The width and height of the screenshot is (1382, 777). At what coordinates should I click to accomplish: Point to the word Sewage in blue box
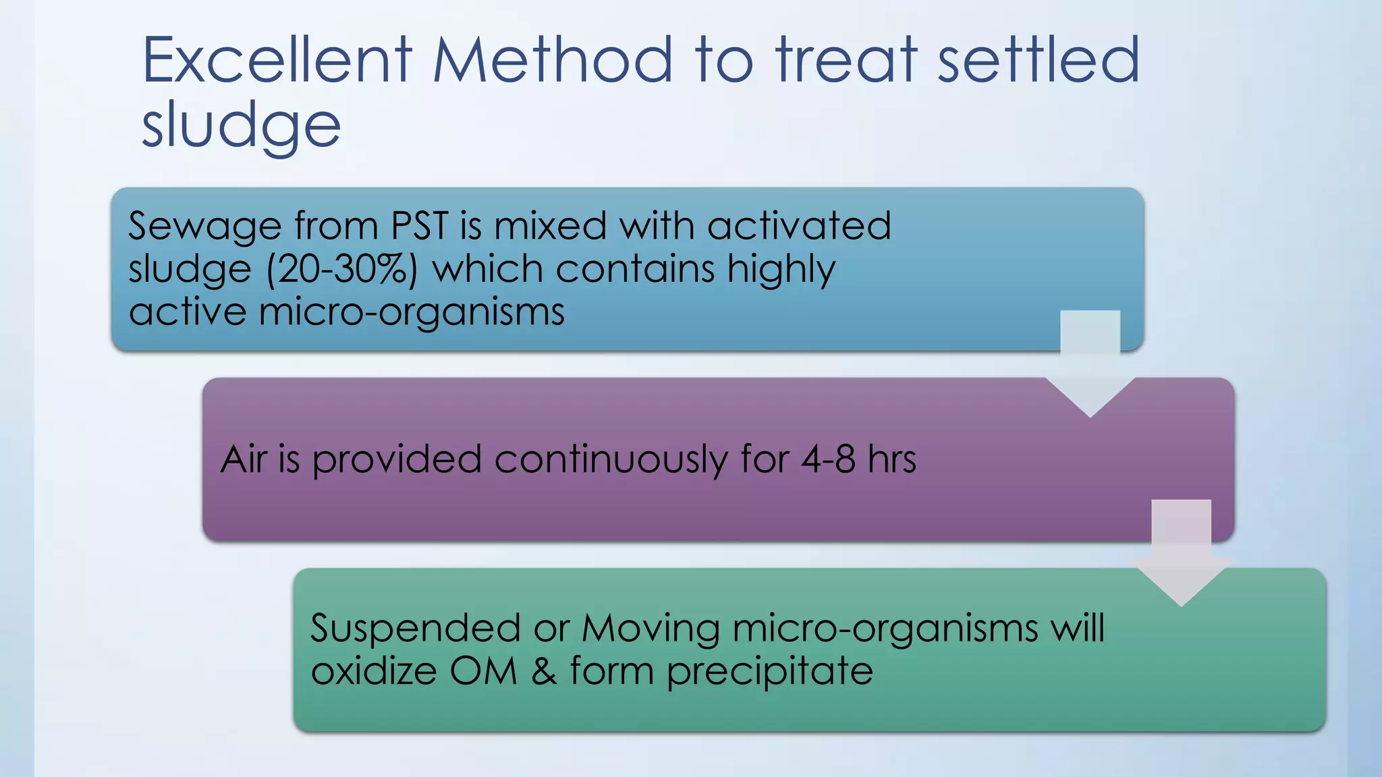204,227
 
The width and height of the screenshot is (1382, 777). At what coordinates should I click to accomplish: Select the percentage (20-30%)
342,270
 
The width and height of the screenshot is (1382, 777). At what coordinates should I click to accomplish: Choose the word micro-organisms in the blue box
412,312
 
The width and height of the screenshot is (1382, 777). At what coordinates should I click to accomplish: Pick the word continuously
611,461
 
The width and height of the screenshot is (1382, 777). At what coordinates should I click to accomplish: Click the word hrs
892,459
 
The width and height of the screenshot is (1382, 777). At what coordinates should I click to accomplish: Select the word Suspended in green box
415,629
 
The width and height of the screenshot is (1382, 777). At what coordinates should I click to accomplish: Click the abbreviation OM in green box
483,672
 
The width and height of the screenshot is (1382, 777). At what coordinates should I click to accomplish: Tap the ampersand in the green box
544,672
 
